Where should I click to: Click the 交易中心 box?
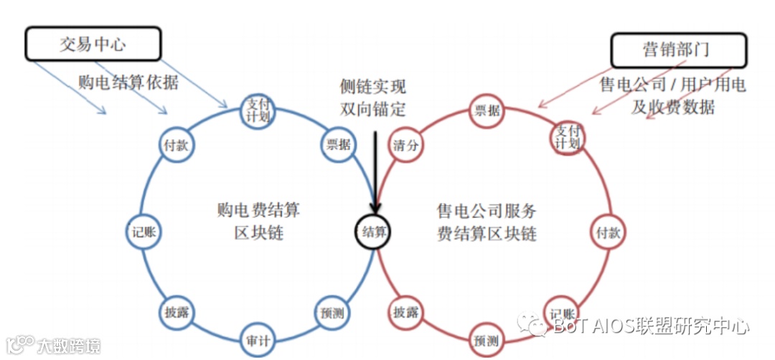point(93,44)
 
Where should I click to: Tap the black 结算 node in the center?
point(374,232)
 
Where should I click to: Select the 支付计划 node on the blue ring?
point(256,111)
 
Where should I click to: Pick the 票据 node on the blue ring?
point(338,144)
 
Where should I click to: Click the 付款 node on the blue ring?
point(175,144)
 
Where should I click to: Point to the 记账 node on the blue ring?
point(144,232)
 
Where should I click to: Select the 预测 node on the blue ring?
point(331,313)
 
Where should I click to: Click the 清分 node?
point(405,144)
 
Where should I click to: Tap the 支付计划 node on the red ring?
point(567,135)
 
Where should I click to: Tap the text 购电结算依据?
point(128,82)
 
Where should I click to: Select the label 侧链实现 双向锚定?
point(372,98)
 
